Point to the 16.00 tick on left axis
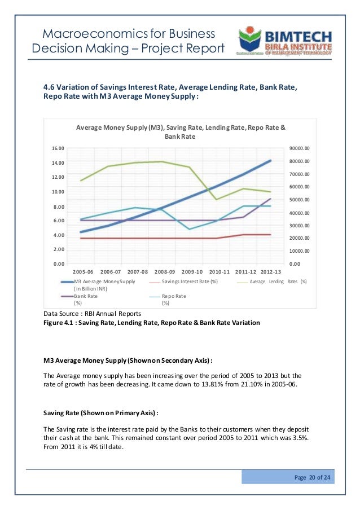58,148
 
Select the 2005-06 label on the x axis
84,271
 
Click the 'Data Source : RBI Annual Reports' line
92,313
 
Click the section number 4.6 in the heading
50,87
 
